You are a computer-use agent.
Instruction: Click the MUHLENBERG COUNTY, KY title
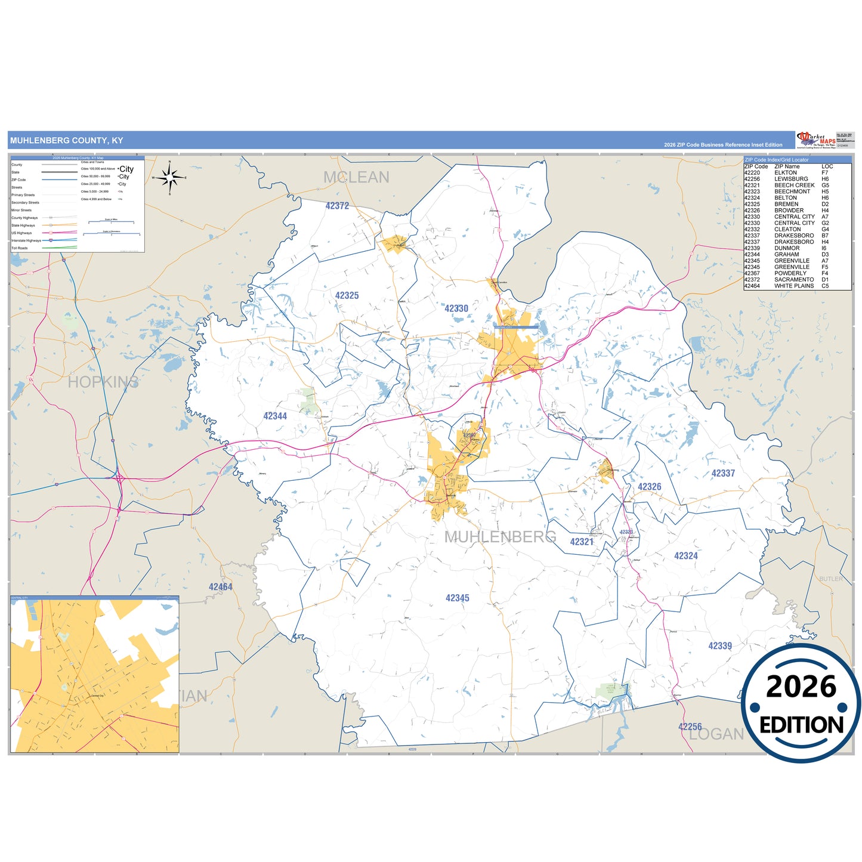tap(66, 141)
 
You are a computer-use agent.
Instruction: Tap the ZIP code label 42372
tap(337, 206)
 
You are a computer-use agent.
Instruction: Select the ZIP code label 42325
tap(347, 295)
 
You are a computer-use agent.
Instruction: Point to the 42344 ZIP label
tap(275, 416)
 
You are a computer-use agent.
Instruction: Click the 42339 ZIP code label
tap(720, 645)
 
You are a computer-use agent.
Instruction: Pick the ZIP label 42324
tap(686, 555)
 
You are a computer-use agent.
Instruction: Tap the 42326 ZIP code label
tap(649, 487)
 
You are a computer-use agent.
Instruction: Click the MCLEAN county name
tap(356, 177)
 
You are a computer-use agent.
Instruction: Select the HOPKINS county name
tap(103, 382)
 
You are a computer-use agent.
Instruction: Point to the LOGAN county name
tap(716, 734)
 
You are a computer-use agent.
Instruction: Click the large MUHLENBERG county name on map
tap(500, 537)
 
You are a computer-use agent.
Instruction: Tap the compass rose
tap(170, 177)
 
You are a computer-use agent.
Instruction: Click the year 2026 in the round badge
tap(801, 687)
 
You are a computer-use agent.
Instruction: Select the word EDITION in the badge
tap(801, 725)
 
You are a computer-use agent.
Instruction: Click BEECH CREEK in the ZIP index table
tap(794, 186)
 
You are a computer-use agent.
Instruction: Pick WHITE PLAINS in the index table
tap(794, 286)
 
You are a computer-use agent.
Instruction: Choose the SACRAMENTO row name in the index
tap(794, 279)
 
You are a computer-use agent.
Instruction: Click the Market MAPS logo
tap(816, 140)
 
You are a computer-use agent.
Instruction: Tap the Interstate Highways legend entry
tap(26, 240)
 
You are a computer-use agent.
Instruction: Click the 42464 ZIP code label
tap(220, 587)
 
